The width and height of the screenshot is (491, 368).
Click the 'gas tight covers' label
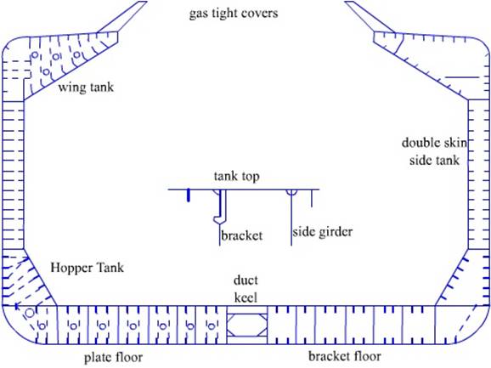pos(234,14)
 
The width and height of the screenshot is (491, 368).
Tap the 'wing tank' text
pos(86,87)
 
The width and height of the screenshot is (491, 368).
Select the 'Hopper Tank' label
pos(87,268)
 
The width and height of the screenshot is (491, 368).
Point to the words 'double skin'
pos(434,143)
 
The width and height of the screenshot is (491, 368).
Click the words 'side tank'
pos(434,160)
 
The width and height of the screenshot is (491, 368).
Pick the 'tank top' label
pos(236,176)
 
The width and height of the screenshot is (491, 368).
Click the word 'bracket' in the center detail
pos(241,235)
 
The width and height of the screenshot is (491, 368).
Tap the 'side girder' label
pos(323,232)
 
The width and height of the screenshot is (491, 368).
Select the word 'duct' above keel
pos(245,280)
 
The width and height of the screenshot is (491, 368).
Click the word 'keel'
pos(245,297)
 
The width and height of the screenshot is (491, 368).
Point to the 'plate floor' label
pos(113,357)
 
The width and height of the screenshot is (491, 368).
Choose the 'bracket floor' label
pos(344,356)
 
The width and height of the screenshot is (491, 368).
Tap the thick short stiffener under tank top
pos(189,195)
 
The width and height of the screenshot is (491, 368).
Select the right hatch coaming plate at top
pos(370,17)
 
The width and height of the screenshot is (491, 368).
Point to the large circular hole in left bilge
pos(30,313)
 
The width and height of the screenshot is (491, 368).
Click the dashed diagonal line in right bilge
pos(466,323)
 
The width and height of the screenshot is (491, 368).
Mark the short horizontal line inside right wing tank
pos(462,77)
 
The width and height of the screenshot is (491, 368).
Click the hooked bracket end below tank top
pos(219,219)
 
